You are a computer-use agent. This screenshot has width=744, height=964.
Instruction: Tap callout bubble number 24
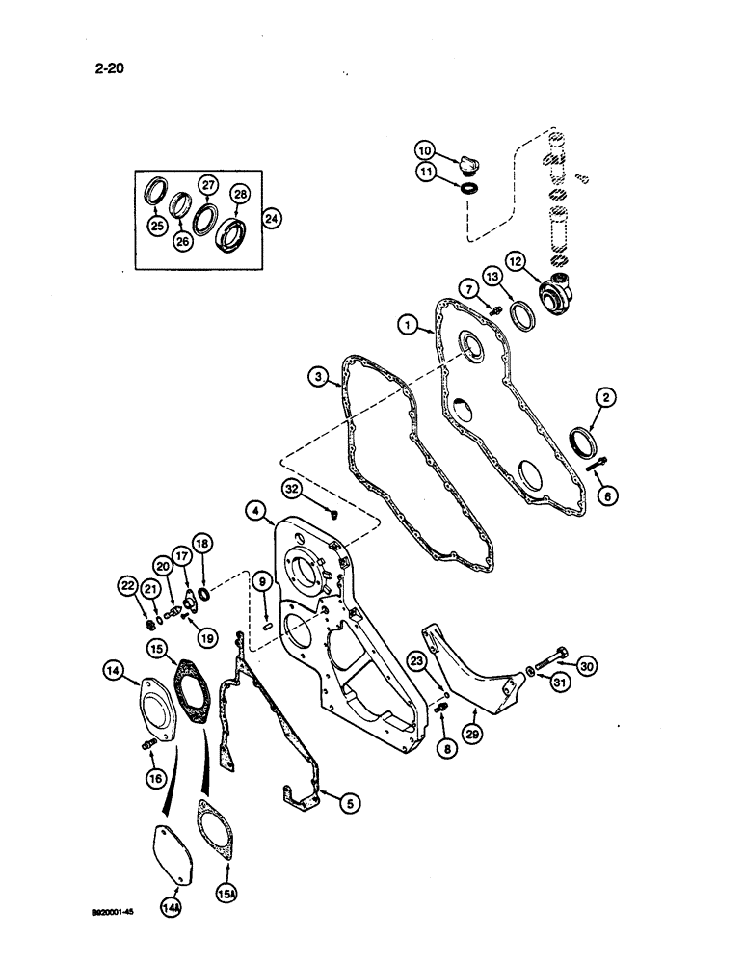point(274,218)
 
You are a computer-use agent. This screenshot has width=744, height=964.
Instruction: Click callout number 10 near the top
point(426,150)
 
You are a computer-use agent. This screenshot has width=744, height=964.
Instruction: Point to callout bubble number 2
point(607,396)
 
